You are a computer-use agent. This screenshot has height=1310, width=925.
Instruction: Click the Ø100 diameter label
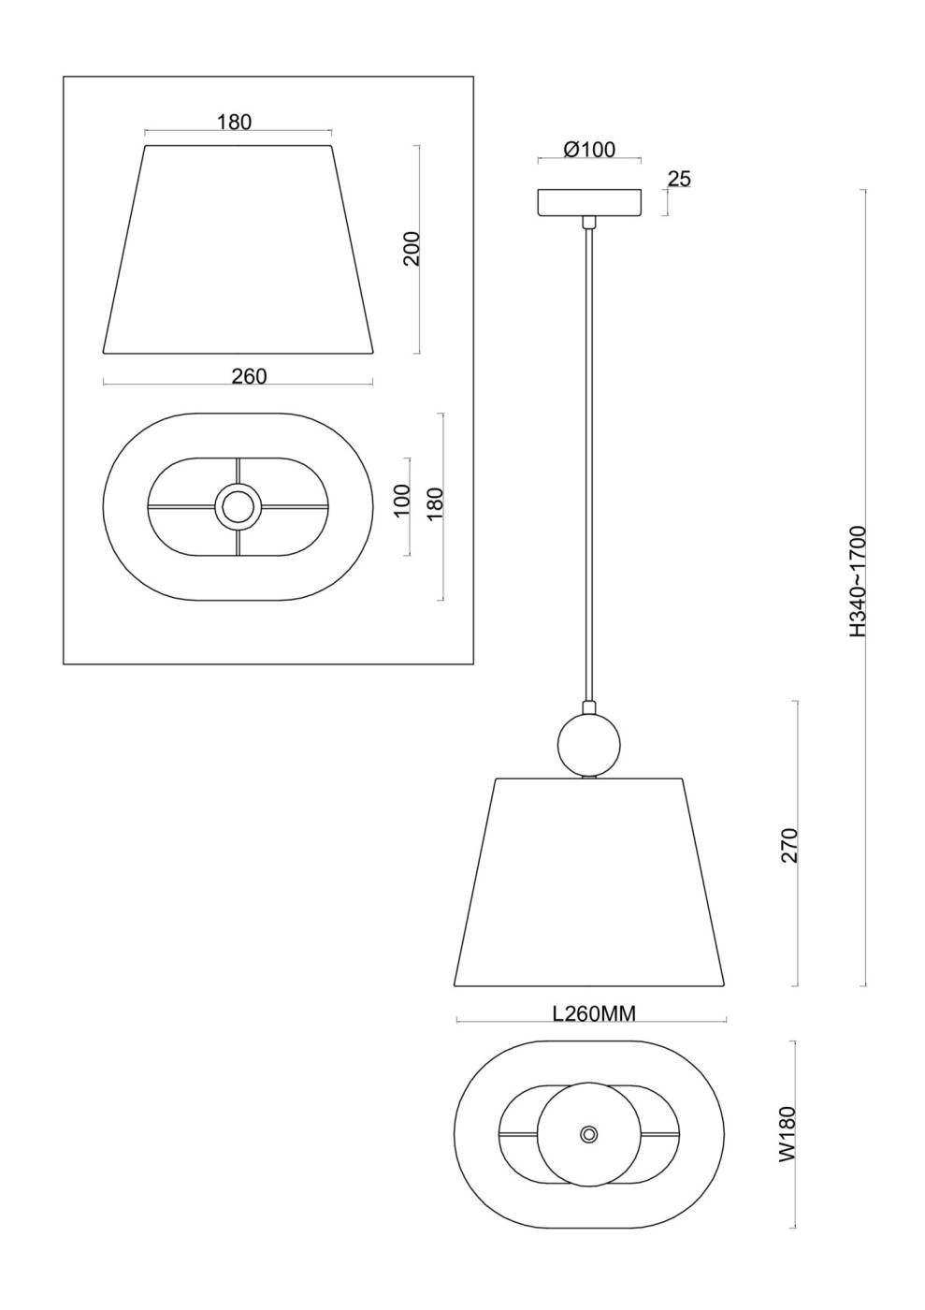click(589, 150)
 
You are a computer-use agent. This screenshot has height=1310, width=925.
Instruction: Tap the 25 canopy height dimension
click(679, 179)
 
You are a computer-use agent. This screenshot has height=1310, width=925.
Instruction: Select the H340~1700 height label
click(857, 582)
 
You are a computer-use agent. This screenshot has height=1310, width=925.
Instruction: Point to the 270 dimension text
click(788, 845)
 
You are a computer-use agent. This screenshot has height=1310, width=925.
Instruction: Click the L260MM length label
click(594, 1013)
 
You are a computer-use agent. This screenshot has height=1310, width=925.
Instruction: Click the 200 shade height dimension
click(412, 249)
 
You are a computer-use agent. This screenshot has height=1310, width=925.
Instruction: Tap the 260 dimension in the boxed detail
click(249, 376)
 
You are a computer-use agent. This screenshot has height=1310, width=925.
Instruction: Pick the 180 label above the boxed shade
click(235, 123)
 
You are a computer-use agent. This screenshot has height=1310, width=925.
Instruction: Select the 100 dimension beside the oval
click(403, 500)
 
